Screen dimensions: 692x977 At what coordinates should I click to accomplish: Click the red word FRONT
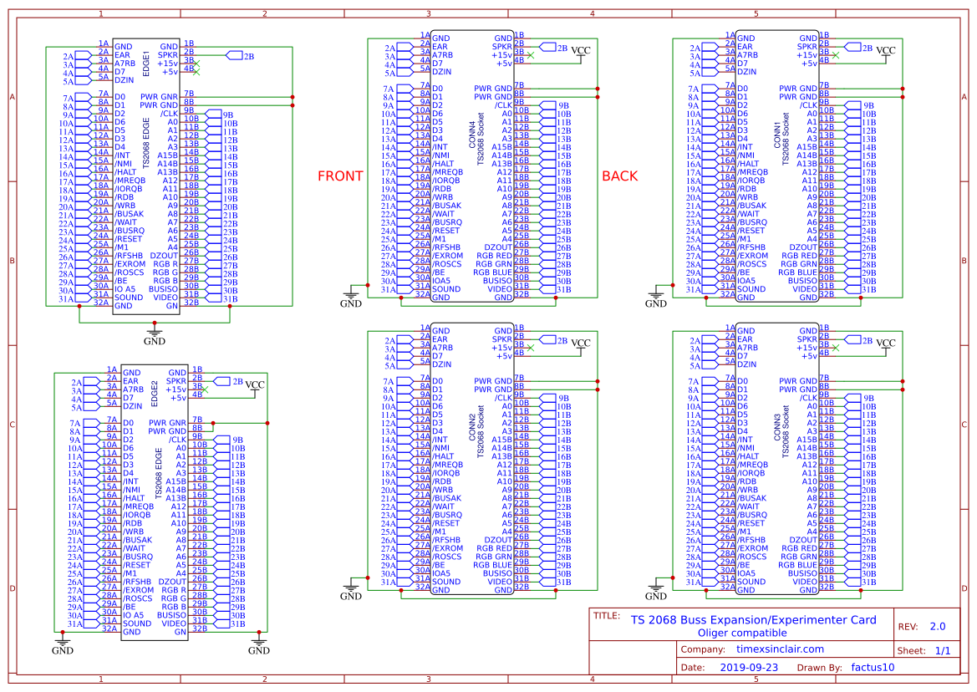coord(340,176)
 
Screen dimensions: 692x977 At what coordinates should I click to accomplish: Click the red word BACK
coord(619,176)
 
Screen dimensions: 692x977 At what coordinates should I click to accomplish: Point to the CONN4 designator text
coord(472,134)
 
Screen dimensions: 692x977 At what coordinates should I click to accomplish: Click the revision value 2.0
coord(937,626)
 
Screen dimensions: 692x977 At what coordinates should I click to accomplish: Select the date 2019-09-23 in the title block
coord(749,668)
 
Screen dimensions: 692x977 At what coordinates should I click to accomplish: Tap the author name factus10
coord(873,668)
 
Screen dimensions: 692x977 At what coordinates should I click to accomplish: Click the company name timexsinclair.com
coord(779,649)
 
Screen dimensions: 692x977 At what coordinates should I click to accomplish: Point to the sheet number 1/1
coord(943,650)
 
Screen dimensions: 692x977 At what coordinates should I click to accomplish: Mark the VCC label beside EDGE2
coord(255,384)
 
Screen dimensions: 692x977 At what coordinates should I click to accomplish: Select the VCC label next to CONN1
coord(885,51)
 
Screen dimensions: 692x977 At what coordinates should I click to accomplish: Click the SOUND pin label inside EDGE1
coord(129,298)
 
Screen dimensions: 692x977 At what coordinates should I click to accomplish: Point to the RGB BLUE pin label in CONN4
coord(492,272)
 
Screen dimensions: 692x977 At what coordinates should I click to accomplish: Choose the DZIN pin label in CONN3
coord(746,364)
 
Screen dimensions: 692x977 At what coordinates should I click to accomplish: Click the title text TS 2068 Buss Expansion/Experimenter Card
coord(753,619)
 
